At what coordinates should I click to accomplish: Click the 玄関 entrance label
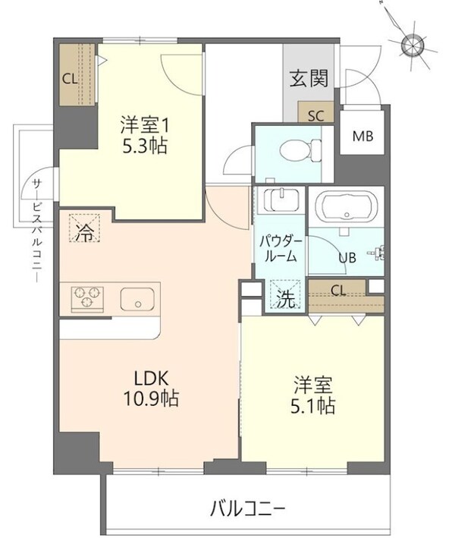click(309, 77)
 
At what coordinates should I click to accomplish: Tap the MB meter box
click(361, 137)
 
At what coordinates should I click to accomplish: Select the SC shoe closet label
click(317, 116)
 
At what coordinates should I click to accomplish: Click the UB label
click(347, 258)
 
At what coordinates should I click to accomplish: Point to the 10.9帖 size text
click(152, 399)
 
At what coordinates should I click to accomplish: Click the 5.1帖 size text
click(312, 406)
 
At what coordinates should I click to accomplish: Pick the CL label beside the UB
click(338, 288)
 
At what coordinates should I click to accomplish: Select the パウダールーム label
click(281, 249)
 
